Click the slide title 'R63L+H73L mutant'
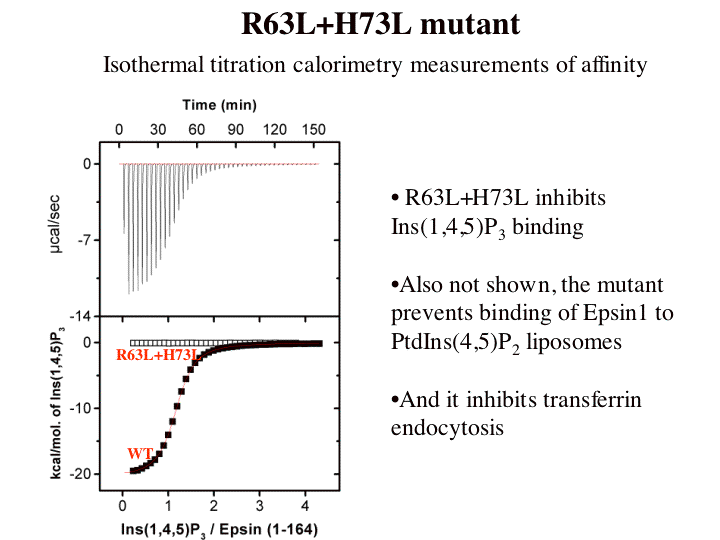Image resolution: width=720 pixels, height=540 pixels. click(381, 23)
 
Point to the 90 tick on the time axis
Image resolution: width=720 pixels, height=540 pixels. click(235, 130)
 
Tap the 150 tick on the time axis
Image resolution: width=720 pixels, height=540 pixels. click(313, 130)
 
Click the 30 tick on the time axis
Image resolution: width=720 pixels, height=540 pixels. click(157, 130)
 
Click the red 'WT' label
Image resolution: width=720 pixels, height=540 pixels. click(139, 453)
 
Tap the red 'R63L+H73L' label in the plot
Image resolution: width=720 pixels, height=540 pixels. click(155, 355)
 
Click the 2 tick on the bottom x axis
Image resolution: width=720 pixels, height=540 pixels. click(213, 507)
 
